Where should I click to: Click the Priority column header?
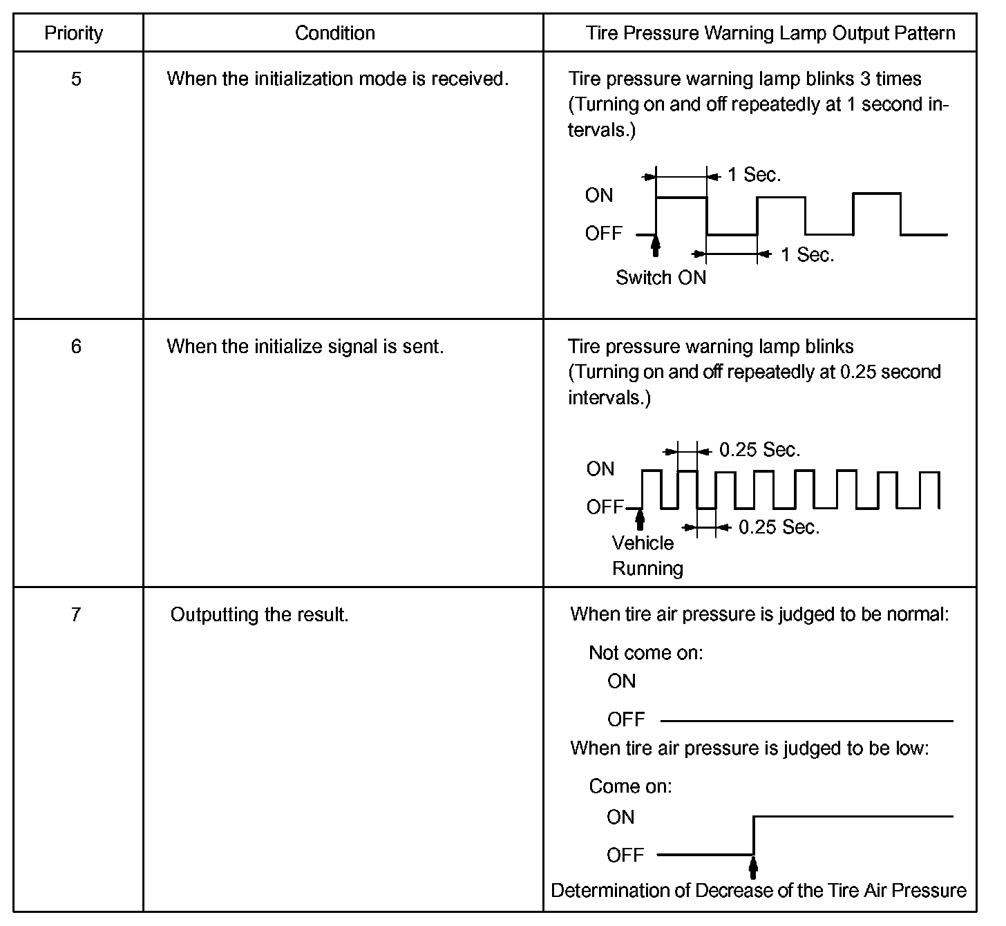(73, 33)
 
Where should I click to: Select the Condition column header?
(334, 33)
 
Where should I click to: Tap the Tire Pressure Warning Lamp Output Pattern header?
(770, 33)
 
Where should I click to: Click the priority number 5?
(76, 79)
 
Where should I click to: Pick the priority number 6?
(76, 346)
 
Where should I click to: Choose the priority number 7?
(76, 614)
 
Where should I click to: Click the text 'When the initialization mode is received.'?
(337, 79)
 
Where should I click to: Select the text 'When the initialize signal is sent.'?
(305, 346)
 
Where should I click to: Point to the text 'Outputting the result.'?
(259, 614)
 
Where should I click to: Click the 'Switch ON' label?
(661, 278)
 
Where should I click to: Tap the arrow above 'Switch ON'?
(656, 246)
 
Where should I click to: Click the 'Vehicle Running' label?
(647, 556)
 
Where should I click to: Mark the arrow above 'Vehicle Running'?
(640, 519)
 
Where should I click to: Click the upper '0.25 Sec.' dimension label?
(759, 451)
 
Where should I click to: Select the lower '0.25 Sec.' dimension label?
(779, 527)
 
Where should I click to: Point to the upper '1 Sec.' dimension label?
(754, 176)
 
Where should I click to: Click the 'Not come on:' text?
(645, 653)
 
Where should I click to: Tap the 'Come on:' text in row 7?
(630, 786)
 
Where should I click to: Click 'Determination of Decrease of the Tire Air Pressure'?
(759, 891)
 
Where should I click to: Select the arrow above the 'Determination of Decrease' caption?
(753, 867)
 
